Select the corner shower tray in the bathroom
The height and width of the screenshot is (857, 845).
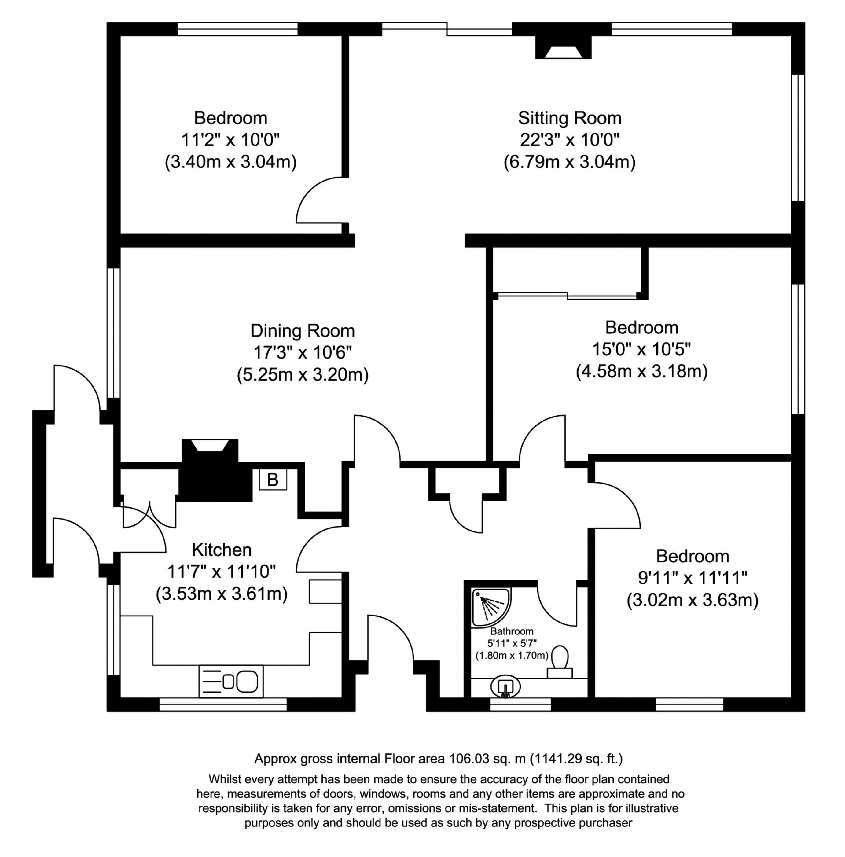point(490,607)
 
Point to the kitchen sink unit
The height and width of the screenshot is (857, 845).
point(231,681)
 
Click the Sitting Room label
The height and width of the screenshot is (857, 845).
point(570,118)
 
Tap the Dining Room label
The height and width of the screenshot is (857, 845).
point(303,331)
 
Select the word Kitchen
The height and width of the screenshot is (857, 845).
point(222,550)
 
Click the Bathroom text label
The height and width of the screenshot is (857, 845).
point(512,631)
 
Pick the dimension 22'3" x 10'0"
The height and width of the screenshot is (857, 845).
point(570,140)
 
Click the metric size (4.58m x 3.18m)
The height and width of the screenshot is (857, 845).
point(642,371)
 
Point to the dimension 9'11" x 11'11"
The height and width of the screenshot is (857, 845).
point(693,578)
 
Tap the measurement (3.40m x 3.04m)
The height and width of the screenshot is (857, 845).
point(231,162)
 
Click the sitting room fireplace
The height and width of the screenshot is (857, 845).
point(563,47)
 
